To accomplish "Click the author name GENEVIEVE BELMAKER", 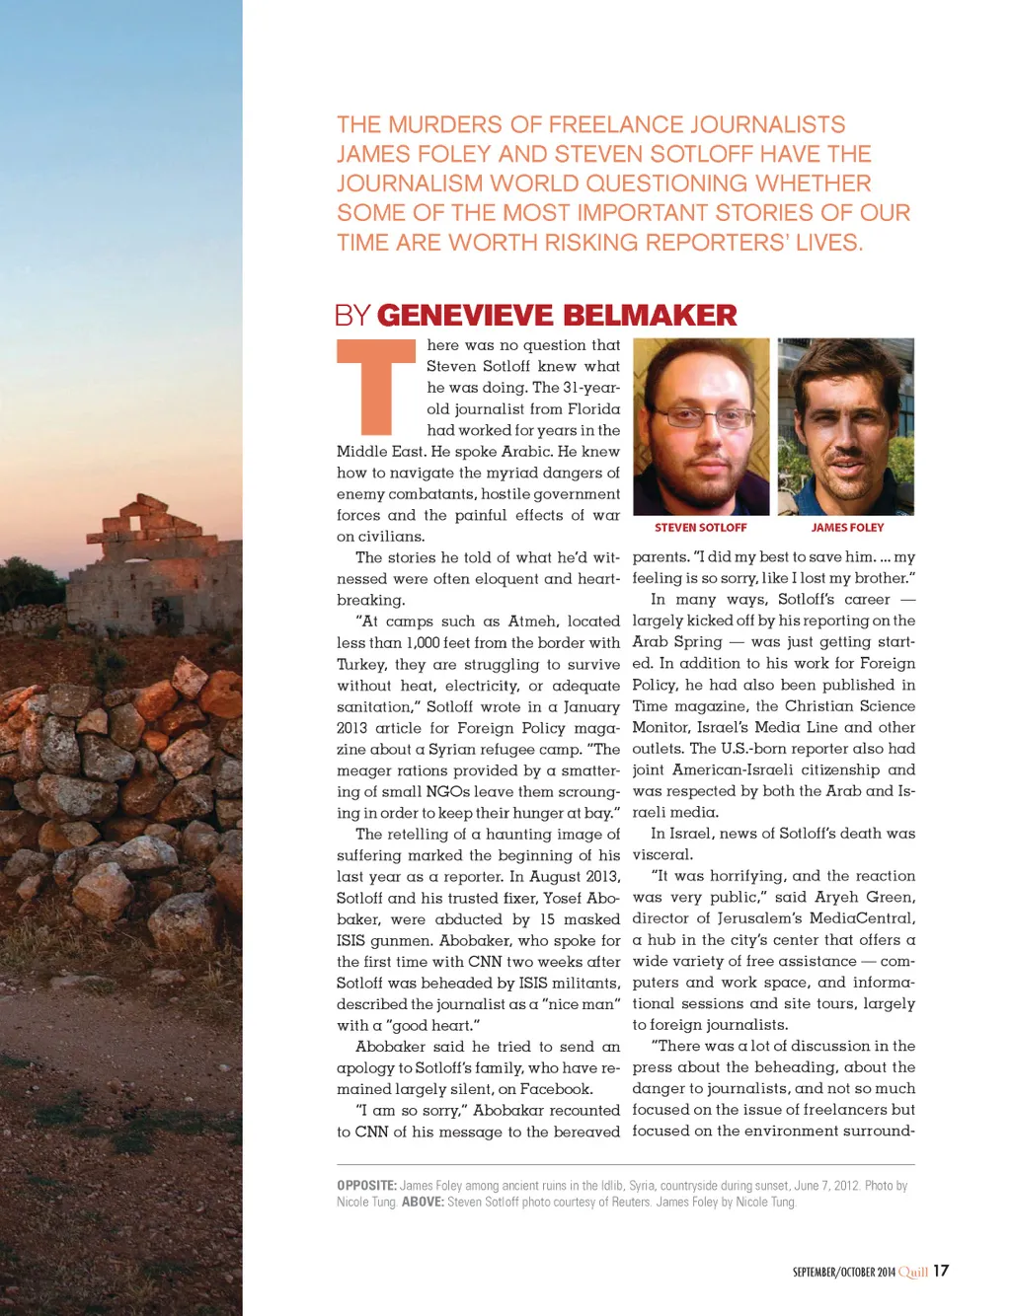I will [x=557, y=316].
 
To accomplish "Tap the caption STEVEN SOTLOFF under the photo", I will [x=700, y=528].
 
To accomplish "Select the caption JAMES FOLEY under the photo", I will [x=847, y=528].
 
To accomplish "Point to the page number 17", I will [x=941, y=1271].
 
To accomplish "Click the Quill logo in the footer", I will [x=913, y=1272].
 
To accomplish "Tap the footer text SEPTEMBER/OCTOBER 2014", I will [x=844, y=1273].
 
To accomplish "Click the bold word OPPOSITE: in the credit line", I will [x=366, y=1186].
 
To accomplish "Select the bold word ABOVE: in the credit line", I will [x=423, y=1203].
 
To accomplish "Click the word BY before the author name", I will [x=352, y=316].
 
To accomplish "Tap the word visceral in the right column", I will [x=662, y=855].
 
